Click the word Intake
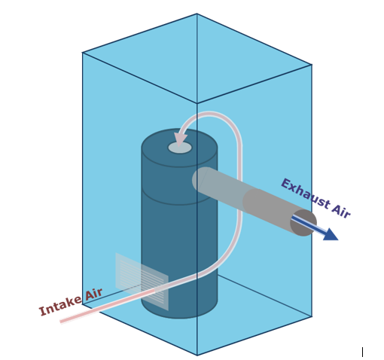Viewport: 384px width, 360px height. [60, 306]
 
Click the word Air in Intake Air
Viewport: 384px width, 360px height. [93, 294]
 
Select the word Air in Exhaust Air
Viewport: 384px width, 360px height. [341, 210]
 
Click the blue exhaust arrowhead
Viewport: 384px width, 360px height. [330, 235]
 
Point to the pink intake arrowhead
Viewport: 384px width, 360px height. [181, 139]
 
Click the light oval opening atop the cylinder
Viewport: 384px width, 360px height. [180, 148]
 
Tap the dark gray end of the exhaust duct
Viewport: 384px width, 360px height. [303, 222]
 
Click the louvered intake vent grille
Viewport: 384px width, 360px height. [142, 282]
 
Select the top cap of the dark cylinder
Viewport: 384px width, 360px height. [179, 148]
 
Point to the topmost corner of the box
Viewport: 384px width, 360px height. [197, 14]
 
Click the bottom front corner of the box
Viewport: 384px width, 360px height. [197, 355]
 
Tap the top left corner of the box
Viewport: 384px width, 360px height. [82, 53]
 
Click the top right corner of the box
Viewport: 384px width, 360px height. [312, 65]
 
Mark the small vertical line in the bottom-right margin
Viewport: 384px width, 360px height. [362, 352]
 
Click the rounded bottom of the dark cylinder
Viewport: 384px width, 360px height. [179, 310]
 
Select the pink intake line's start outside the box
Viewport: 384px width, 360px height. [61, 322]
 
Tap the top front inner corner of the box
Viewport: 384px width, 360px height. [197, 103]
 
